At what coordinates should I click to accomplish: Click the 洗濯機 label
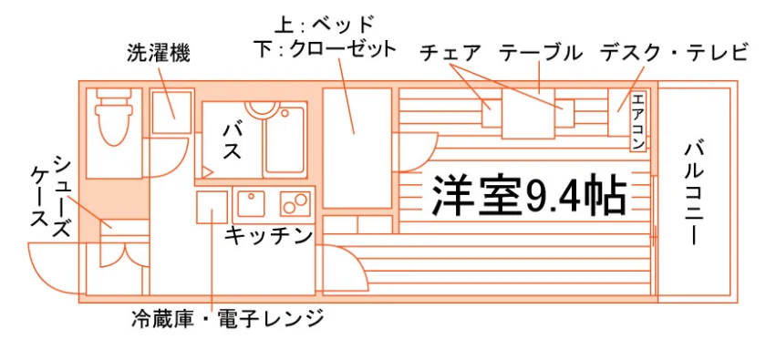(x=158, y=53)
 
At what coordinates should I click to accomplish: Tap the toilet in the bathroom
(x=114, y=117)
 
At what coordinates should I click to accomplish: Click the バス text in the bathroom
(x=232, y=141)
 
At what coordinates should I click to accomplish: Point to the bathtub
(x=285, y=141)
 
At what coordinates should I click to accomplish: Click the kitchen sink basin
(x=251, y=203)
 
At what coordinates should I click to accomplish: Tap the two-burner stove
(x=295, y=203)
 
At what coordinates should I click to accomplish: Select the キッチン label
(x=268, y=235)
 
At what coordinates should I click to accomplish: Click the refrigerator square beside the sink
(x=212, y=207)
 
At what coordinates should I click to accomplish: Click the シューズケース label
(x=51, y=198)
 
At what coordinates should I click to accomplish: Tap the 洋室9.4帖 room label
(x=529, y=195)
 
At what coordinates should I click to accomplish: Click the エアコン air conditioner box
(x=638, y=121)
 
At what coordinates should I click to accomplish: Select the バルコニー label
(x=694, y=193)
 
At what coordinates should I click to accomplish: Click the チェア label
(x=450, y=53)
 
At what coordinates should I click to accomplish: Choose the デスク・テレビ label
(x=674, y=52)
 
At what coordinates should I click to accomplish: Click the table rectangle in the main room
(x=528, y=114)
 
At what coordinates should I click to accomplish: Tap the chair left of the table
(x=492, y=113)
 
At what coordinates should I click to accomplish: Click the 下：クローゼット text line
(x=325, y=50)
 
